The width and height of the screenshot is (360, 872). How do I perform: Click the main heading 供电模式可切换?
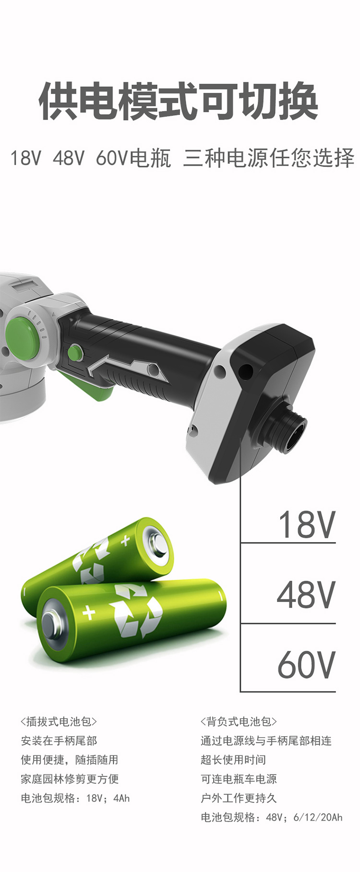pyautogui.click(x=178, y=101)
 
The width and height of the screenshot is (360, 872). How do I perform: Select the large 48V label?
pyautogui.click(x=306, y=595)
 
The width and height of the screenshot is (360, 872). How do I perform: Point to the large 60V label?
pyautogui.click(x=306, y=665)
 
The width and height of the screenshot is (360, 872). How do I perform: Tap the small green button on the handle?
pyautogui.click(x=75, y=353)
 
